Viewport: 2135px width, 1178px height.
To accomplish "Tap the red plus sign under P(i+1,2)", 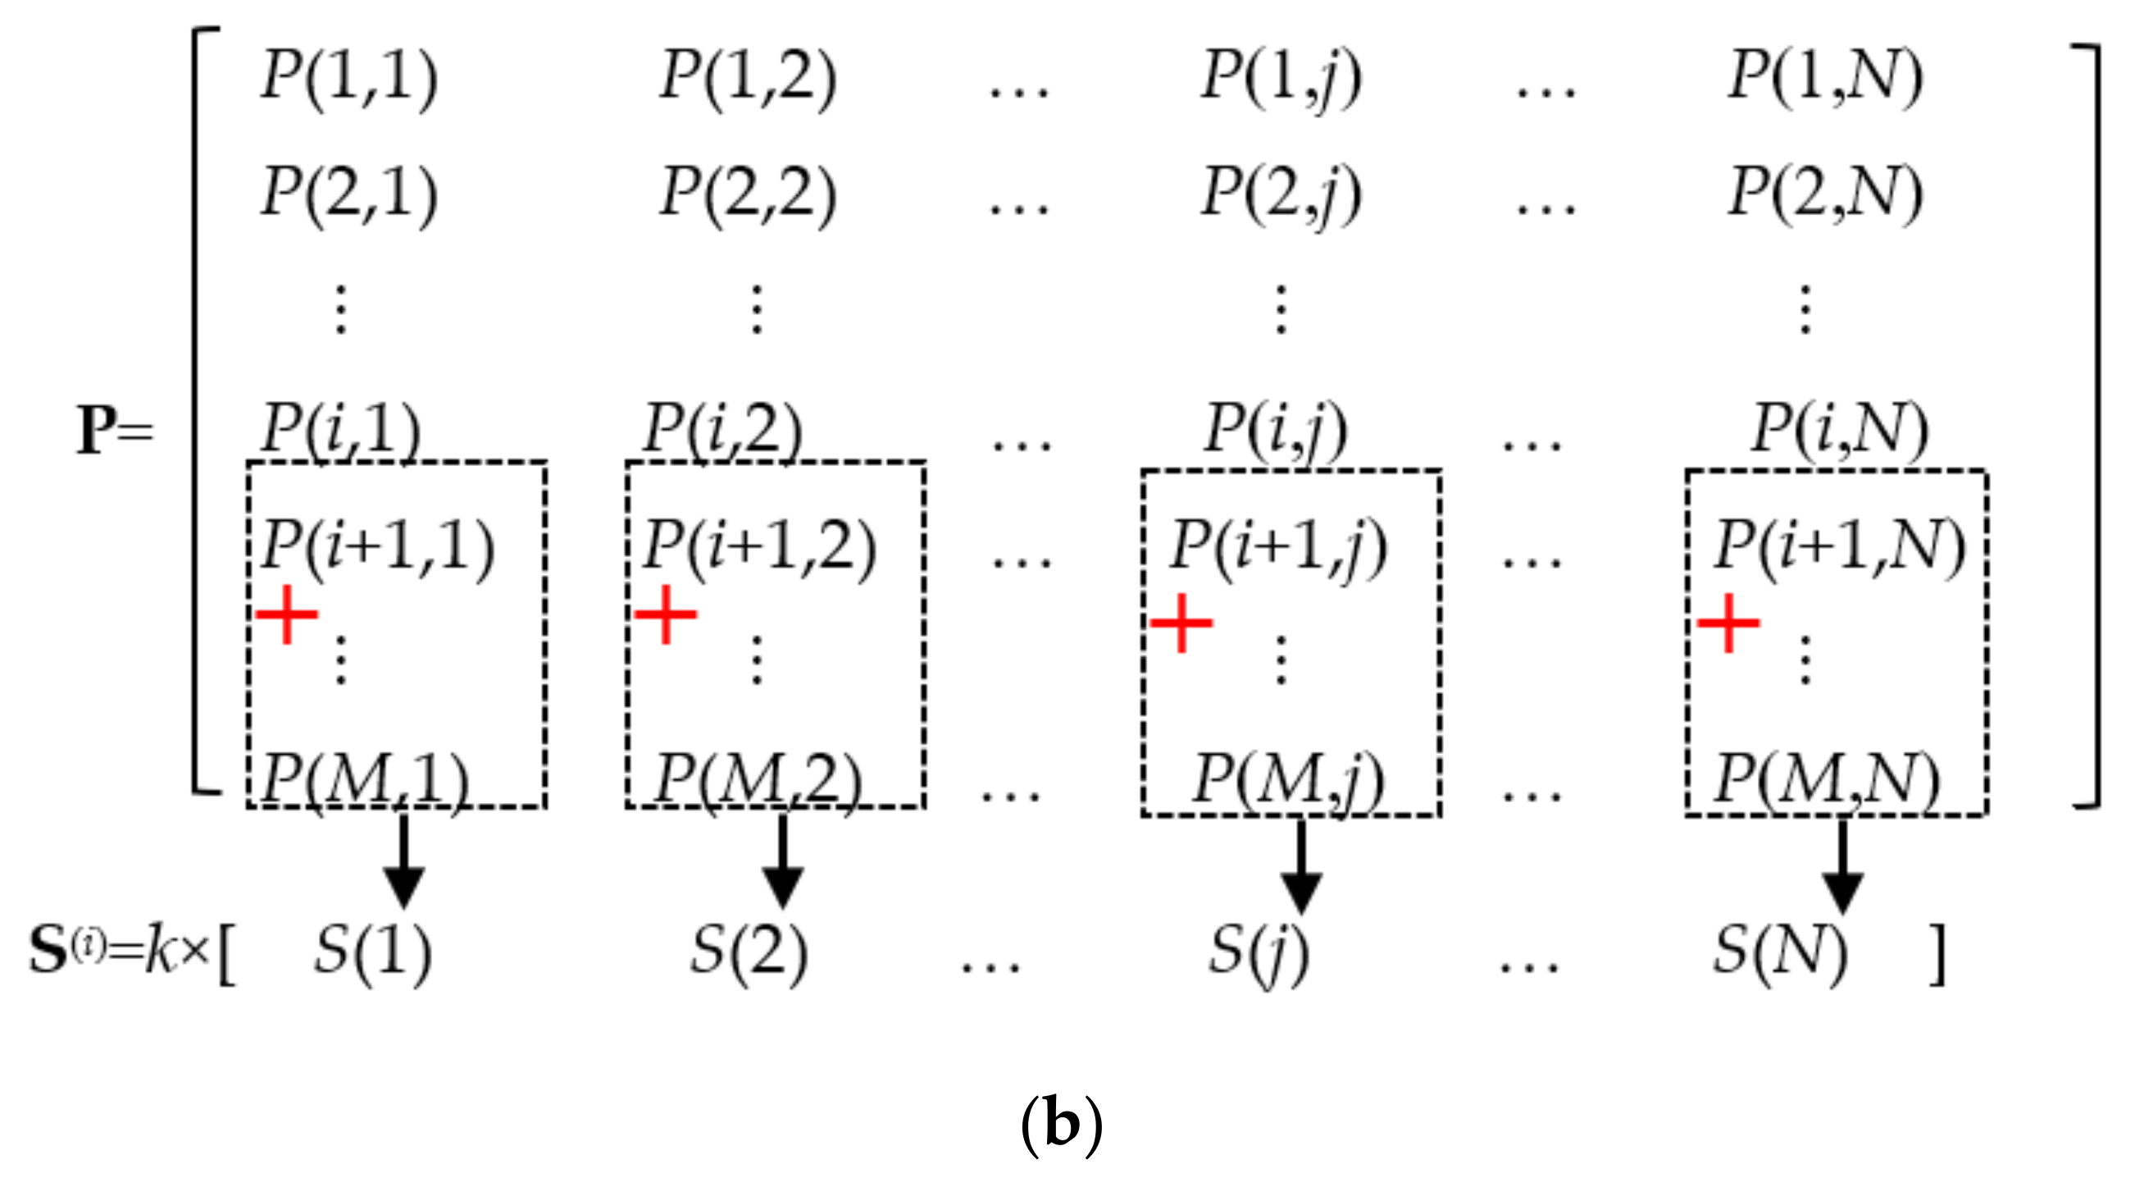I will (666, 614).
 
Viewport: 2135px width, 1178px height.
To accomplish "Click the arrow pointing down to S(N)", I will (1842, 866).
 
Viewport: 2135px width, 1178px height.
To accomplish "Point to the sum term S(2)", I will (749, 950).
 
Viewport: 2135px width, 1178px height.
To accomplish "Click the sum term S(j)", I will (1258, 952).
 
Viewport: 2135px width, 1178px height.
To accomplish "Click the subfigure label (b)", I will (1062, 1125).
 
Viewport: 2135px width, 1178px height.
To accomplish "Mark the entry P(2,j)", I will (1281, 194).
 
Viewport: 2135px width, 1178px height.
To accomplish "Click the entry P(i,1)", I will (340, 429).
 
